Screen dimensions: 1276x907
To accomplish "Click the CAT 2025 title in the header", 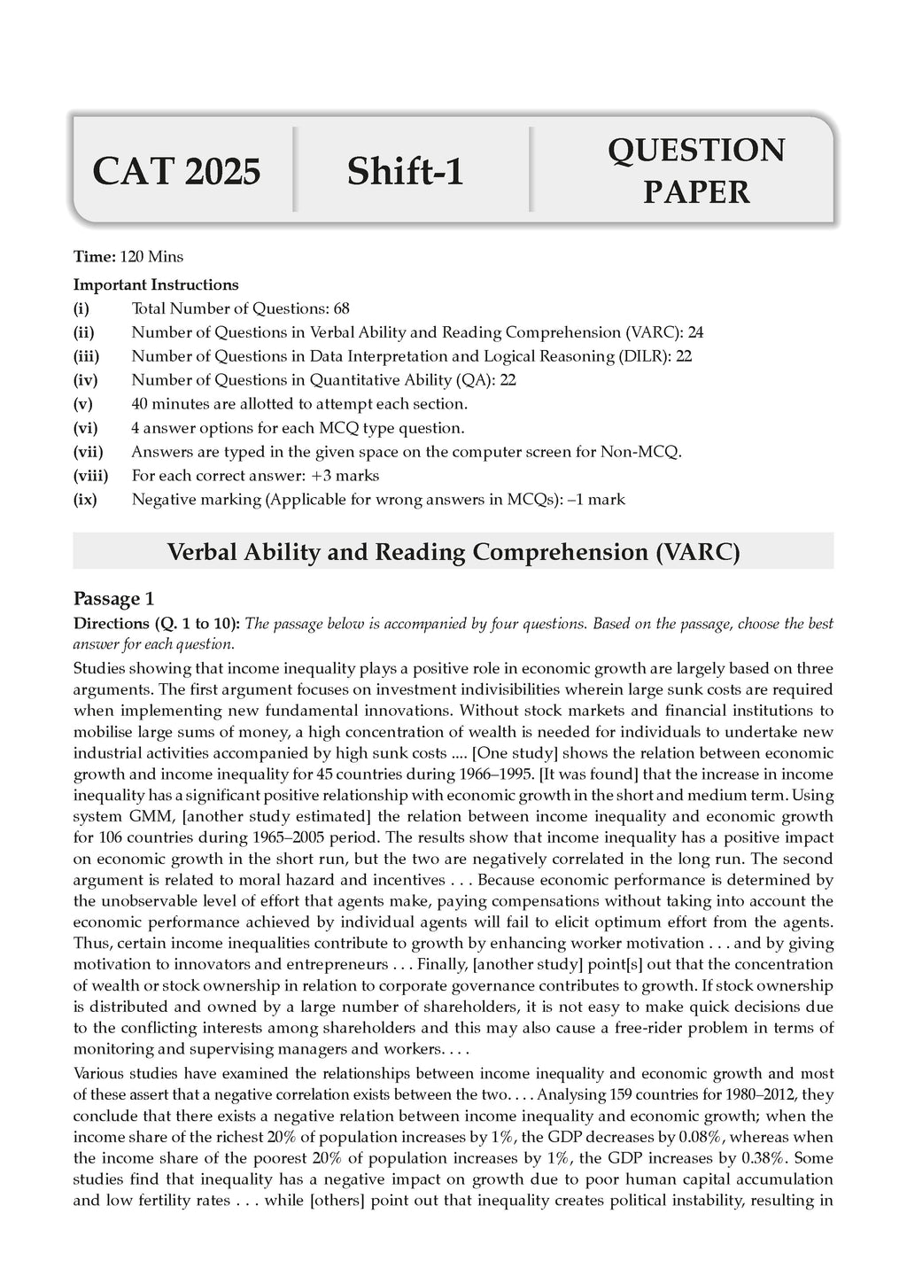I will click(x=176, y=171).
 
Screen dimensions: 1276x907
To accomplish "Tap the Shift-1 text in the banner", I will click(x=405, y=171).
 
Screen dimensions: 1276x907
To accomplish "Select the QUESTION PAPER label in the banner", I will click(x=695, y=171).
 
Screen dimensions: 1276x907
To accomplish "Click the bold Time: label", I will click(x=94, y=257).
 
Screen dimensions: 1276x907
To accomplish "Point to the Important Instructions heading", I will click(x=156, y=285).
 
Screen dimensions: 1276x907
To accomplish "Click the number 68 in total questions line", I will click(x=342, y=309).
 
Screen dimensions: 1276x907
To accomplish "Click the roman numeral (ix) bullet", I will click(x=85, y=500).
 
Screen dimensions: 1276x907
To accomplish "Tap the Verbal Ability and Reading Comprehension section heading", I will click(x=453, y=552).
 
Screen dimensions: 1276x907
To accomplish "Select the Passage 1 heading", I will click(x=114, y=597).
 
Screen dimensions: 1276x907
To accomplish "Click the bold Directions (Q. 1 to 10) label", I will click(x=155, y=624).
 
